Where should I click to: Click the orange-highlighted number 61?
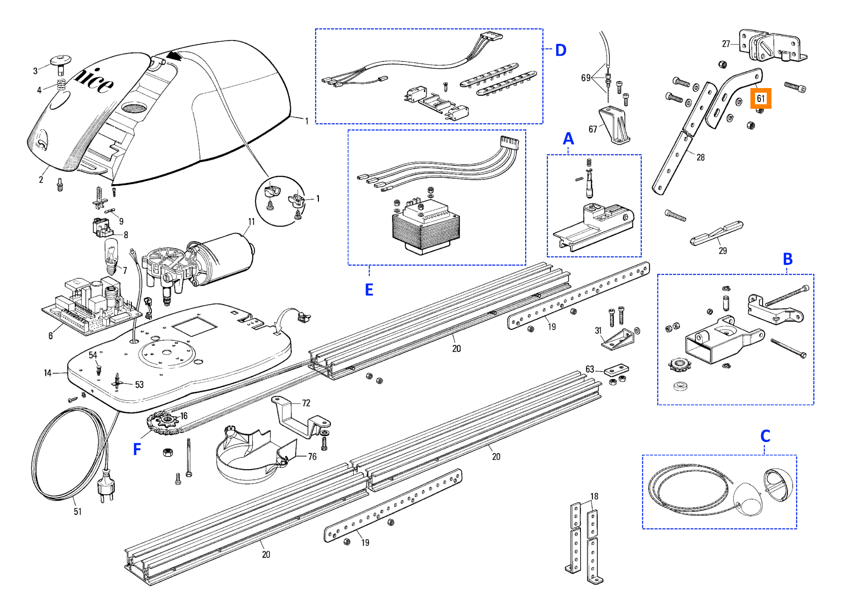[760, 99]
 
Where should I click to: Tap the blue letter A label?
[568, 139]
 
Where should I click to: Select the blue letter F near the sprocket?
[137, 449]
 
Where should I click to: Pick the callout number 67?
[593, 129]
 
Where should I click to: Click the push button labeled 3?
[60, 64]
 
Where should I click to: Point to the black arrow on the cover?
[175, 56]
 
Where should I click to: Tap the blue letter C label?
[766, 436]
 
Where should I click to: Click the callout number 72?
[306, 403]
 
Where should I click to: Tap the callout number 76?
[312, 456]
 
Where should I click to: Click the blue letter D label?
[561, 50]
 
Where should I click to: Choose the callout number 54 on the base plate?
[93, 355]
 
